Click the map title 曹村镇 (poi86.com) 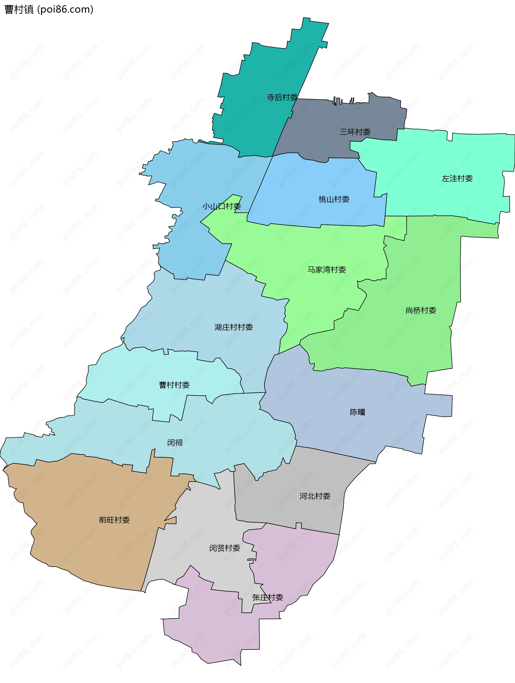click(49, 10)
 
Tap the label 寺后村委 click(282, 97)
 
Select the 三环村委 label click(355, 132)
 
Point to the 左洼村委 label click(457, 178)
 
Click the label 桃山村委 click(334, 200)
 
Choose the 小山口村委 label click(221, 206)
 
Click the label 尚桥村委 click(421, 310)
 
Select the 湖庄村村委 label click(234, 327)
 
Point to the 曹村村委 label click(174, 385)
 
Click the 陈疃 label click(357, 412)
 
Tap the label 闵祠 click(175, 443)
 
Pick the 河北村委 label click(315, 496)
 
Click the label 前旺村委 click(114, 520)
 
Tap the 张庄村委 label click(268, 598)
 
